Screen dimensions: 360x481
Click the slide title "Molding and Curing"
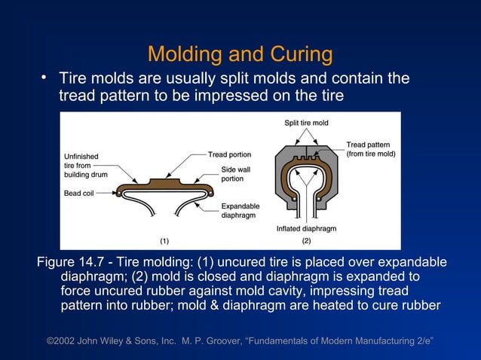240,54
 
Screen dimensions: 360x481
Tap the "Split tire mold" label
306,123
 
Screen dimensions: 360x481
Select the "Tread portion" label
229,155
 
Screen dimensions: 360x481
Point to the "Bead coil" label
81,193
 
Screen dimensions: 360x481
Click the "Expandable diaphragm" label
240,210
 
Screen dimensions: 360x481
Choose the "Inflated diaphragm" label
306,228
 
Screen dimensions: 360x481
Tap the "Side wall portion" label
235,174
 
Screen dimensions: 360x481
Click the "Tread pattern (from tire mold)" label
370,149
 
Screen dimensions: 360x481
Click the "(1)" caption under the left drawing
164,241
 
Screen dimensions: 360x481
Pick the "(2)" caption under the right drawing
306,241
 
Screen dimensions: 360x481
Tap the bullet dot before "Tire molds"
44,78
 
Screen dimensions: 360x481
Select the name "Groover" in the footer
216,343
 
